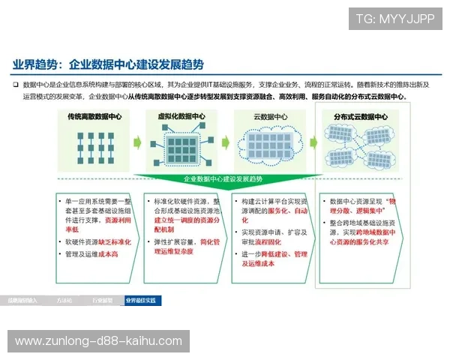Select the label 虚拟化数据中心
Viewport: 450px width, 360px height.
coord(181,117)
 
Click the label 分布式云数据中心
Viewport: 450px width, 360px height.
coord(361,117)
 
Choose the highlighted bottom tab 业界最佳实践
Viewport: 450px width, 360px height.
coord(141,300)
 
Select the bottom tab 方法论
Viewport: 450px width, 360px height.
coord(64,300)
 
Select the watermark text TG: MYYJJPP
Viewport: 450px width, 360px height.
coord(394,18)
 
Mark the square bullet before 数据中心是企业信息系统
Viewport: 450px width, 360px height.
coord(15,85)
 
